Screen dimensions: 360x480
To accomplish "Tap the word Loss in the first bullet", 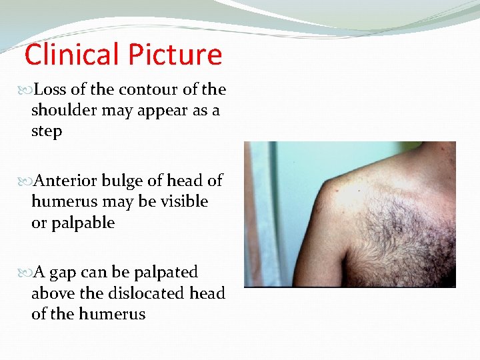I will click(49, 89).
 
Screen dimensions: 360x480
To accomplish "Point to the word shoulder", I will click(64, 111).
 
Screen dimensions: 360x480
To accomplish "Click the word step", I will click(47, 131).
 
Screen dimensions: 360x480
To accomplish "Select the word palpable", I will click(82, 223).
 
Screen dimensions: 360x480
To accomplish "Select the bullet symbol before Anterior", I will click(27, 181).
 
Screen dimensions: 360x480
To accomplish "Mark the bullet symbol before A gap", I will click(27, 273).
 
